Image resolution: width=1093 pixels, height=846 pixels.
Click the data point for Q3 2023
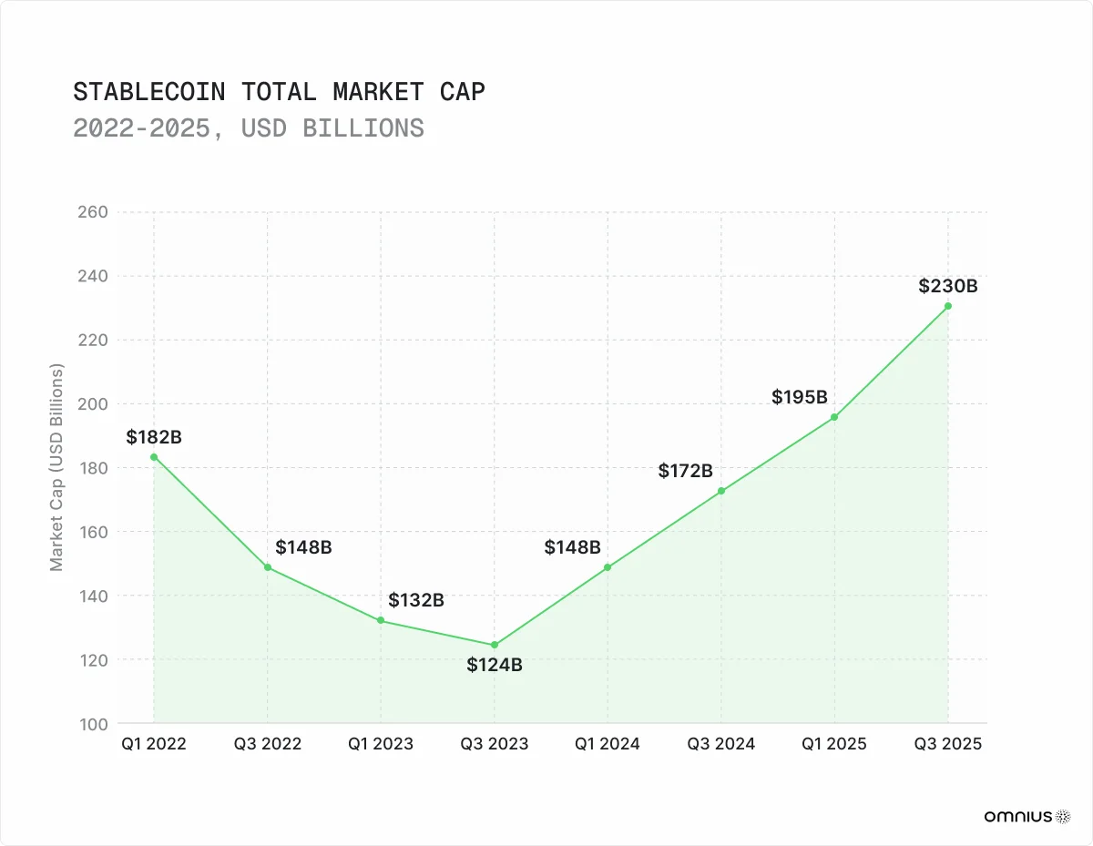[495, 645]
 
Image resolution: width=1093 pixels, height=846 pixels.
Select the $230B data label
[949, 286]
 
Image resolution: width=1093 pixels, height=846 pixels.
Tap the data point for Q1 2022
[154, 457]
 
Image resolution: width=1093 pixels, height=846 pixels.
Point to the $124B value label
[495, 665]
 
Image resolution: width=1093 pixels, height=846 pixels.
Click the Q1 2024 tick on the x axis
[608, 744]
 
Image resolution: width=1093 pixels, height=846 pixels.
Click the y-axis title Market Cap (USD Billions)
[57, 467]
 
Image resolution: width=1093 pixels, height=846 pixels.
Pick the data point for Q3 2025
[948, 306]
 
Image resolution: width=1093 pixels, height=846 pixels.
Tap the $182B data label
[154, 437]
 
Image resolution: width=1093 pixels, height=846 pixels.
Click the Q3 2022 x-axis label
[267, 744]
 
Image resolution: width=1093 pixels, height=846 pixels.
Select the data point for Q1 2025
[834, 417]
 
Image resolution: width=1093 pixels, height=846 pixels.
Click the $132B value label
[416, 600]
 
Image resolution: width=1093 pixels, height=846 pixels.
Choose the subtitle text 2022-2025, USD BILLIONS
[249, 128]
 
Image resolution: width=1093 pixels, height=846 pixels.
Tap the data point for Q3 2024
[721, 491]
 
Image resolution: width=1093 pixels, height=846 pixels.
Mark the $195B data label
[799, 397]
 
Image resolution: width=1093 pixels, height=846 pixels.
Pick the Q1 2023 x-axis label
[381, 744]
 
